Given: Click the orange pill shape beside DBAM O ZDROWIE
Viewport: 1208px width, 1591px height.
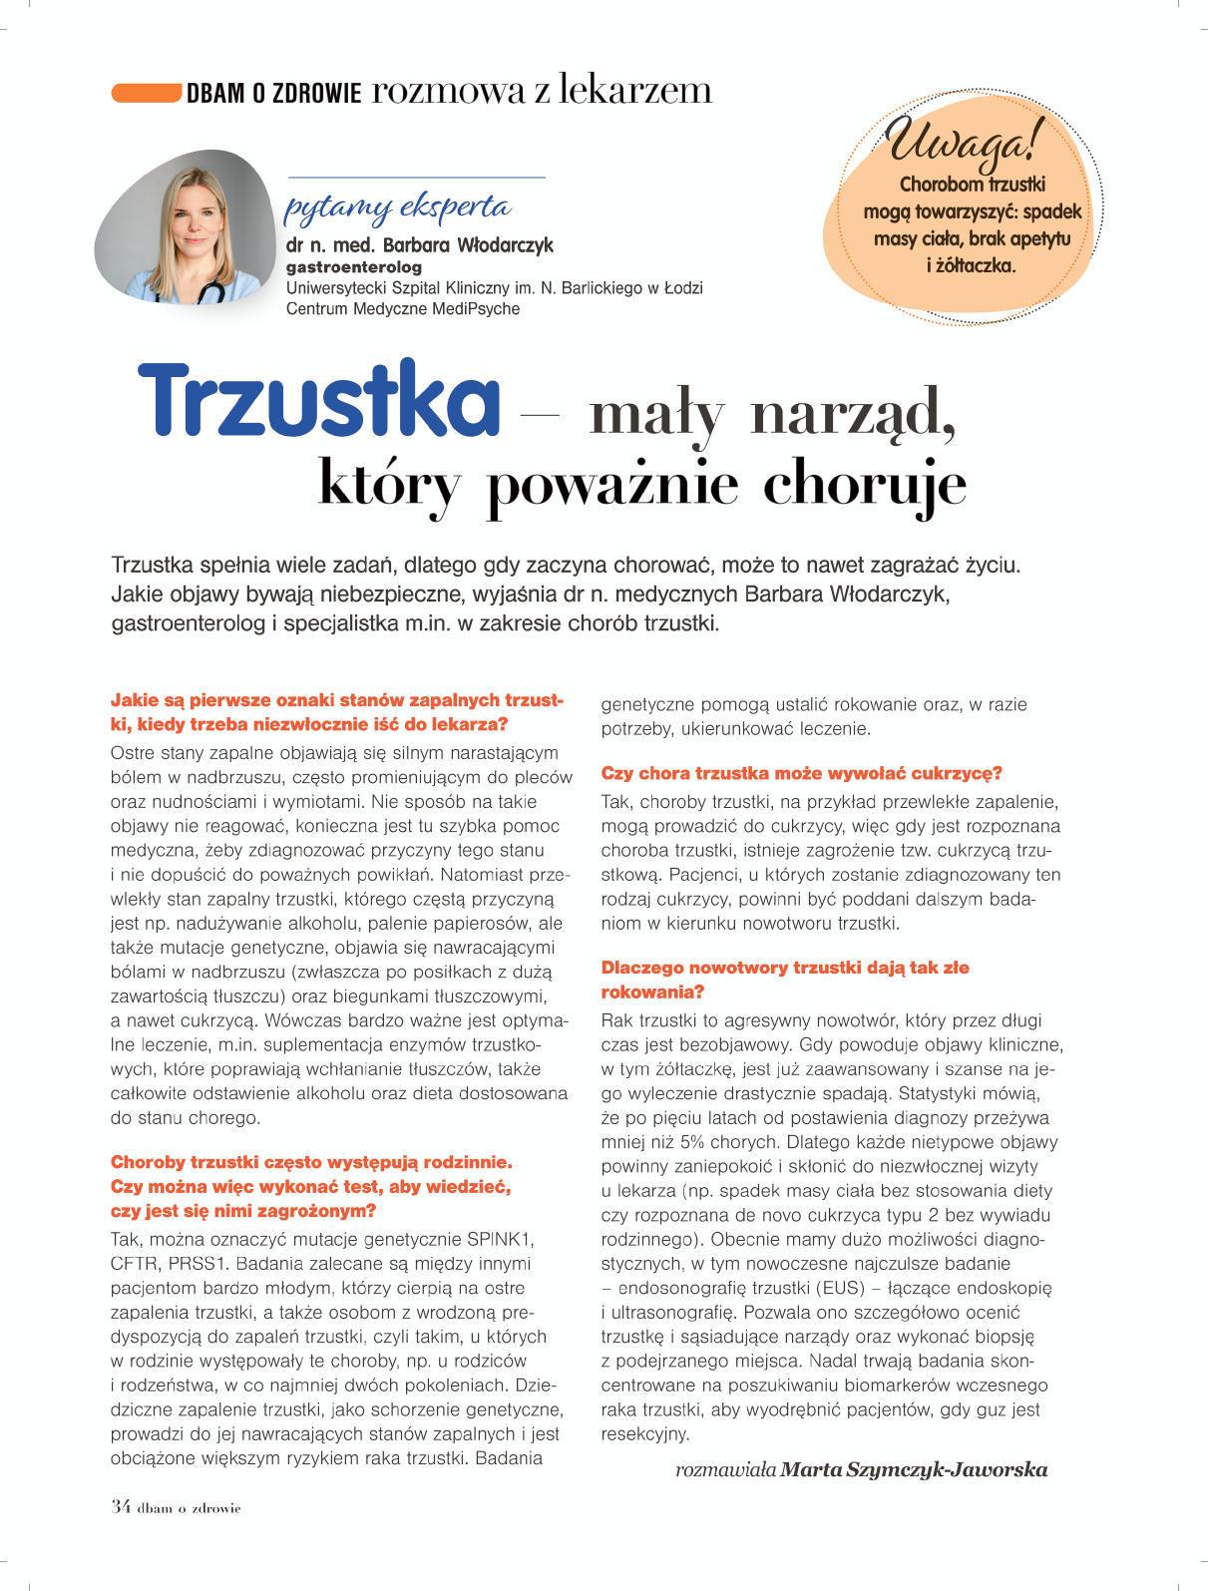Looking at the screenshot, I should click(x=145, y=93).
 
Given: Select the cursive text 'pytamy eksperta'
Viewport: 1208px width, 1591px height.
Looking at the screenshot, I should click(x=398, y=207).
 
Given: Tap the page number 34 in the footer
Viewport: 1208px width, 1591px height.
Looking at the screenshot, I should click(x=120, y=1506).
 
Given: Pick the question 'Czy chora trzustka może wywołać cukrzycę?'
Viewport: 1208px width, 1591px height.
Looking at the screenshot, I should click(x=801, y=773).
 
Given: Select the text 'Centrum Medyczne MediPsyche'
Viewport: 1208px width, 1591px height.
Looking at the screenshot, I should click(x=402, y=309).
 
